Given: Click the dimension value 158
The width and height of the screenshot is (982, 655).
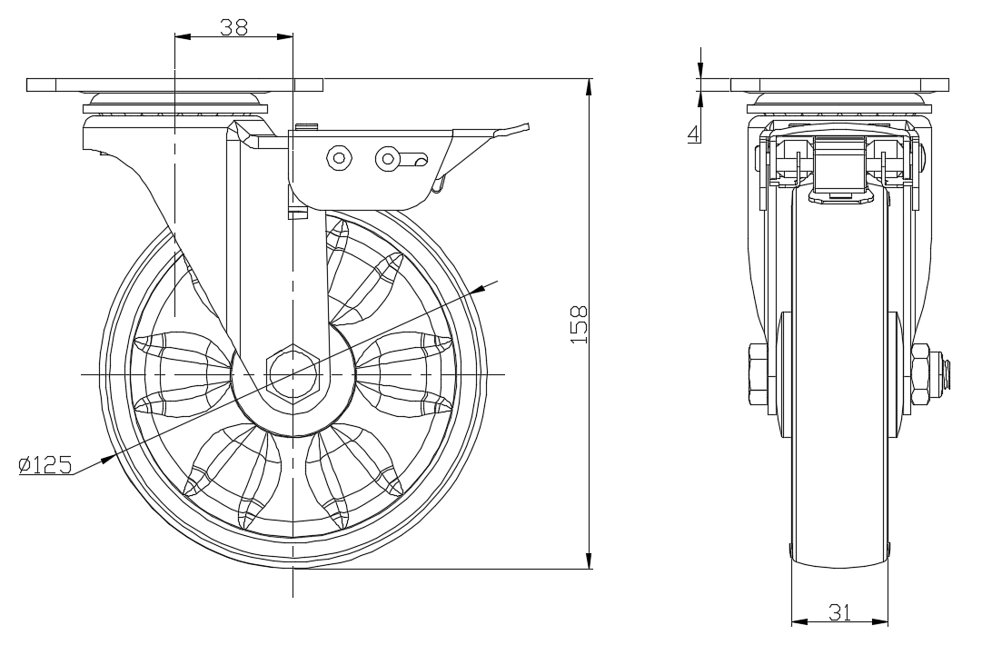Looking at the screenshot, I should click(x=580, y=323).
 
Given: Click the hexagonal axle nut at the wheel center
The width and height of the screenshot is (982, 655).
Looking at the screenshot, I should click(x=293, y=373).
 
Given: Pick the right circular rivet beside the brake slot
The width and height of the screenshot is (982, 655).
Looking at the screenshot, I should click(x=388, y=159).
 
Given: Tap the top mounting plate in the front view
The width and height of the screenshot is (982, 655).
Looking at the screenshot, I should click(x=174, y=85).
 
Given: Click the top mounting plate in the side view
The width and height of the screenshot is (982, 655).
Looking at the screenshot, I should click(x=839, y=85).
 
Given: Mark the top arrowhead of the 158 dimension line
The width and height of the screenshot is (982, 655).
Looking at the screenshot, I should click(x=590, y=86).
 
